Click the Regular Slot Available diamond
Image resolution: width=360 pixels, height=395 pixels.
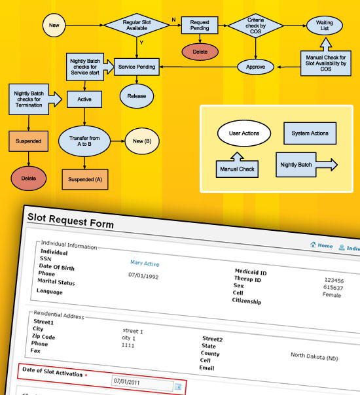(x=137, y=26)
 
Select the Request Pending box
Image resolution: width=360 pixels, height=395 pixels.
(x=200, y=26)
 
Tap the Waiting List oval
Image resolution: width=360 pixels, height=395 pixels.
(x=325, y=26)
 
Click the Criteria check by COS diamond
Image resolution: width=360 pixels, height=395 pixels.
(x=256, y=26)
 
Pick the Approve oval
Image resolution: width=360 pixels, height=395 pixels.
(x=256, y=67)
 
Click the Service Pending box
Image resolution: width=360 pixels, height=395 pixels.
(x=137, y=67)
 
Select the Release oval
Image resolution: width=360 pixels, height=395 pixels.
(x=137, y=96)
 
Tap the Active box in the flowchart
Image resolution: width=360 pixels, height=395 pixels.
(x=84, y=99)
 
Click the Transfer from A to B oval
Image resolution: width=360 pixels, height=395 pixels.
(x=84, y=141)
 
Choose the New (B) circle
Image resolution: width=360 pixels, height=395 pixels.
(x=142, y=141)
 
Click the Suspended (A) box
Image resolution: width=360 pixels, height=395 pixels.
(x=85, y=179)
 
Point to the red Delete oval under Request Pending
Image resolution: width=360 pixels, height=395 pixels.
(x=200, y=52)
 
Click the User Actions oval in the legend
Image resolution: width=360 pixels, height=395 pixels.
(x=244, y=133)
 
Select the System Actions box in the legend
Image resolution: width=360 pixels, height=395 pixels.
(x=310, y=133)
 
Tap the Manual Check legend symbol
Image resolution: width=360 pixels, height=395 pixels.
(x=237, y=165)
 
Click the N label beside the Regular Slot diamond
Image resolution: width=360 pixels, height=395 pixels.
(x=173, y=20)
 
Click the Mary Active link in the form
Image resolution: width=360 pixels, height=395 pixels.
(x=145, y=264)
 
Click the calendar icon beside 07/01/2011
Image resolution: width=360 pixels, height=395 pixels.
(x=178, y=386)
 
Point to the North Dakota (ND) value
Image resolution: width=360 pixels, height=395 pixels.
(x=314, y=356)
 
